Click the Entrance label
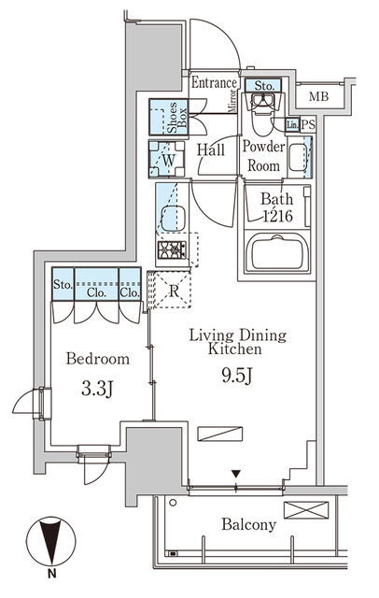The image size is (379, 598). tap(214, 83)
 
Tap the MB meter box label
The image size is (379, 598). tap(318, 96)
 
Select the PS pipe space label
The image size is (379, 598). tap(308, 124)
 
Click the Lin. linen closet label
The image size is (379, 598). tap(292, 124)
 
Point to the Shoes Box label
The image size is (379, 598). tap(177, 117)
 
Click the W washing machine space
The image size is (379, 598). tap(167, 160)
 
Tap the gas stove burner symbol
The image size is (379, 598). tap(172, 250)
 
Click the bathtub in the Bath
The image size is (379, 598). tap(277, 252)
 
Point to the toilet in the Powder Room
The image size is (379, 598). tap(261, 113)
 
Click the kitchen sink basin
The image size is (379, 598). tap(174, 219)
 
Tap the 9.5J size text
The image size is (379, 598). tap(236, 377)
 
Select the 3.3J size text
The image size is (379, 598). tap(97, 390)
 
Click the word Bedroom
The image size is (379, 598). tap(97, 359)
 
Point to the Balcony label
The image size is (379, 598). tap(248, 524)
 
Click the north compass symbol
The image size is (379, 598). tap(50, 542)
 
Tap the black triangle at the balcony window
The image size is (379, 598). tap(236, 474)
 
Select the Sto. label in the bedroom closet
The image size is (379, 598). tap(63, 285)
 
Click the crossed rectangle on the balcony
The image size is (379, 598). tap(306, 510)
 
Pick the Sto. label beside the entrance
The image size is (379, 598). tap(264, 86)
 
